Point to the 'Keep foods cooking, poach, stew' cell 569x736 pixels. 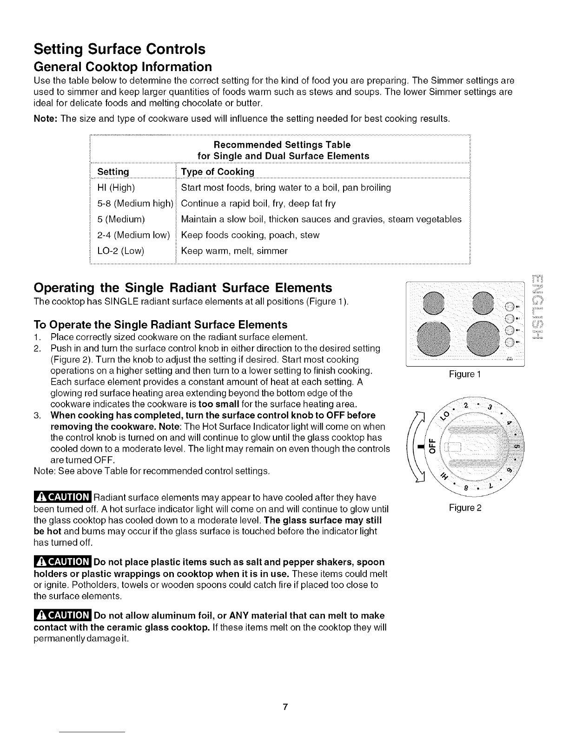tap(250, 235)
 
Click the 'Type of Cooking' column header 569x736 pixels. tap(218, 172)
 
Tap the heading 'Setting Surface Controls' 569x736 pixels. tap(119, 48)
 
